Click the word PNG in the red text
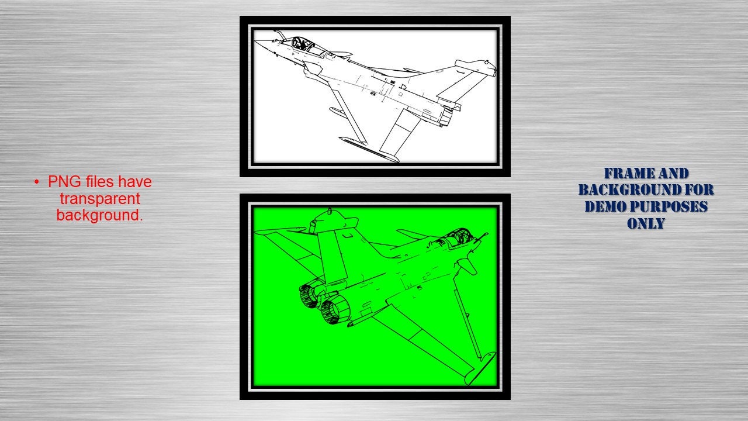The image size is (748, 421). pos(62,182)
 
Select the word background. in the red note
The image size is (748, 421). pos(99,215)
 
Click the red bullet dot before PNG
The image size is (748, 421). pos(37,182)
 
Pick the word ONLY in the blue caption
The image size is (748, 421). pos(646,223)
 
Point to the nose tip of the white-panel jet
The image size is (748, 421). pos(257,42)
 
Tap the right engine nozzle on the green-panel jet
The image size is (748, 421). pos(334,309)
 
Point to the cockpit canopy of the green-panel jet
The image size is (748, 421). pos(456,237)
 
